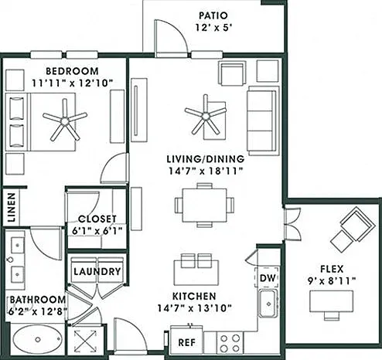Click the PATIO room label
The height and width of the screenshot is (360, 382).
point(213,15)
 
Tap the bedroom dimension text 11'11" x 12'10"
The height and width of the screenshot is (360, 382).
point(73,83)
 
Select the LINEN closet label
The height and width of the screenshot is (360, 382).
point(12,208)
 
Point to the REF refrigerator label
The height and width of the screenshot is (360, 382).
point(187,342)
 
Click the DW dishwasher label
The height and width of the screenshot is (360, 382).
point(268,278)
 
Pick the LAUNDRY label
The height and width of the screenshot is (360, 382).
point(97,272)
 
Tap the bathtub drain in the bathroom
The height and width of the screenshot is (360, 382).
point(38,340)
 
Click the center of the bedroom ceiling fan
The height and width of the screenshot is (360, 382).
point(65,121)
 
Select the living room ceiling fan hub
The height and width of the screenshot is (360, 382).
point(206,117)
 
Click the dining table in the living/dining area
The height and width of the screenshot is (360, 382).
point(204,205)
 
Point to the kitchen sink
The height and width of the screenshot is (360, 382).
point(268,304)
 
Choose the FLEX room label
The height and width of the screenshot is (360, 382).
point(332,269)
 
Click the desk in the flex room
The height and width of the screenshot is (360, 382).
point(331,301)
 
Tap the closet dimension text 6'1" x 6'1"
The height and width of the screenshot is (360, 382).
point(97,231)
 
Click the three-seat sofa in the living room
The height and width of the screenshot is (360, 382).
point(263,121)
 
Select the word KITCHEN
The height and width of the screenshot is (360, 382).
point(194,296)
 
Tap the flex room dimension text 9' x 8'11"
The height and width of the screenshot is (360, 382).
point(332,281)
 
